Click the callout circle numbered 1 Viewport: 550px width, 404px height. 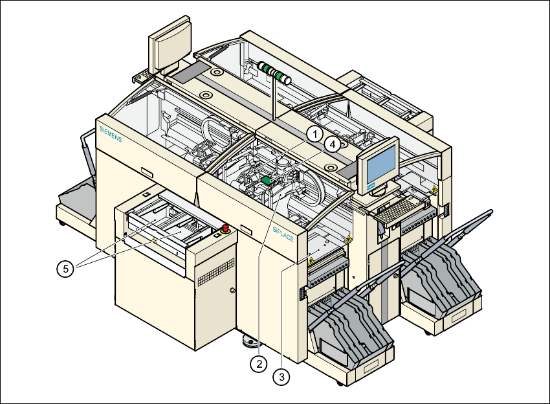314,134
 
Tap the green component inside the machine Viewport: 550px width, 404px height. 265,179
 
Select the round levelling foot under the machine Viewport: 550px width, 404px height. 248,339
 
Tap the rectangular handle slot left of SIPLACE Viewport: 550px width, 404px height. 247,228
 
